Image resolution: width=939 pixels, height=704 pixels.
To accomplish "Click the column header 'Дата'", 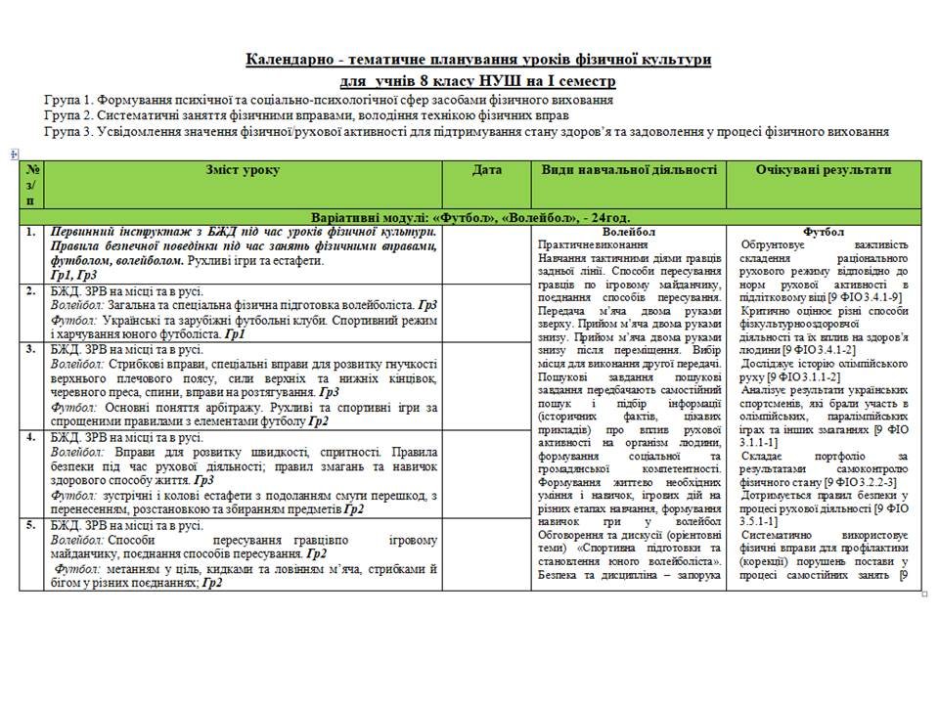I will (486, 170).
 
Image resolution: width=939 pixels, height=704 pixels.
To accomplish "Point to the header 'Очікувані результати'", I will (823, 170).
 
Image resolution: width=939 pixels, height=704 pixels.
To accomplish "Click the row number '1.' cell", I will (32, 233).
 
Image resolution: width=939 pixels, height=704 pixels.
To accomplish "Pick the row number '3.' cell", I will (32, 349).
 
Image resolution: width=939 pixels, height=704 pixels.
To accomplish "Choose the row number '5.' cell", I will (32, 525).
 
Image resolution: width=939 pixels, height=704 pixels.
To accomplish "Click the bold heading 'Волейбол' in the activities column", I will (630, 232).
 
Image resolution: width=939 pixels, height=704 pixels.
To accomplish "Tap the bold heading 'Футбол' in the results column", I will (823, 232).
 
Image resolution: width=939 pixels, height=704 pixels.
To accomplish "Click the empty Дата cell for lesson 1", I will (486, 254).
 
